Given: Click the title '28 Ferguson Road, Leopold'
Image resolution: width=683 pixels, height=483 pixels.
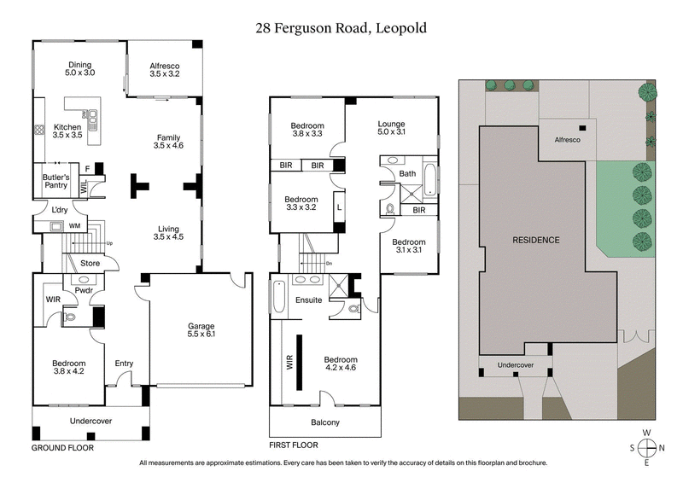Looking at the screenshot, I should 341,28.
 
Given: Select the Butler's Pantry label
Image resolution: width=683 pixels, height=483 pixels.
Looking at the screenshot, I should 55,182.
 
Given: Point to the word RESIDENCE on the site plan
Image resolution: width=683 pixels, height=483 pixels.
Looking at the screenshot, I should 535,240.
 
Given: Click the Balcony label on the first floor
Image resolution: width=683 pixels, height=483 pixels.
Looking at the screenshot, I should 324,422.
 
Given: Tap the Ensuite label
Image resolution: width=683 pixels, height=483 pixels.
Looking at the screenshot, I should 308,300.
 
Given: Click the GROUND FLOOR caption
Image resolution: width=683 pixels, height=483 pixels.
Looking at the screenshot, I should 62,447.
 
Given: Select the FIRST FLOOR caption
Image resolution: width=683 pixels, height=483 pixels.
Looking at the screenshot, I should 293,445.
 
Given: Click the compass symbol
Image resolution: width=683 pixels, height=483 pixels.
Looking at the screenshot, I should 649,448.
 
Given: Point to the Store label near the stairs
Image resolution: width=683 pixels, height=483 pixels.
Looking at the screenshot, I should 90,264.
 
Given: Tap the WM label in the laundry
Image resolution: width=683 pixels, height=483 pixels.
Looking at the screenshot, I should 74,226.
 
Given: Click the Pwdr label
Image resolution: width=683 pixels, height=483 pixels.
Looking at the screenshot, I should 83,290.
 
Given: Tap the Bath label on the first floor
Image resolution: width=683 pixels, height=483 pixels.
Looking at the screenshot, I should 407,174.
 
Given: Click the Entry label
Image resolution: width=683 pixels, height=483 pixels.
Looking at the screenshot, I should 124,364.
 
